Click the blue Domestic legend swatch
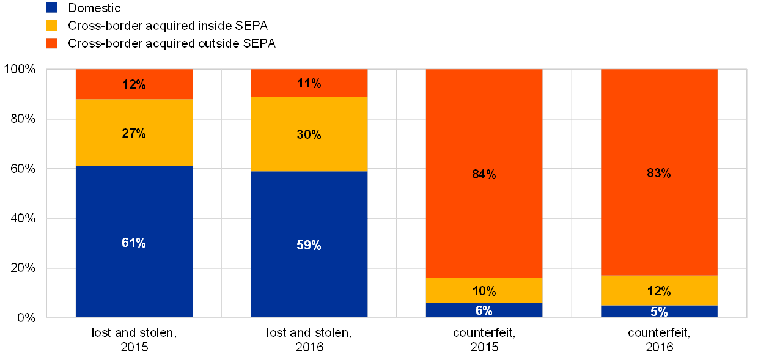pos(52,8)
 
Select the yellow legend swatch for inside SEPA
pos(52,26)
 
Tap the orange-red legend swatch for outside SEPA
pos(52,43)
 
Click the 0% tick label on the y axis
pos(26,317)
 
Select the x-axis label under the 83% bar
pos(659,340)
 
